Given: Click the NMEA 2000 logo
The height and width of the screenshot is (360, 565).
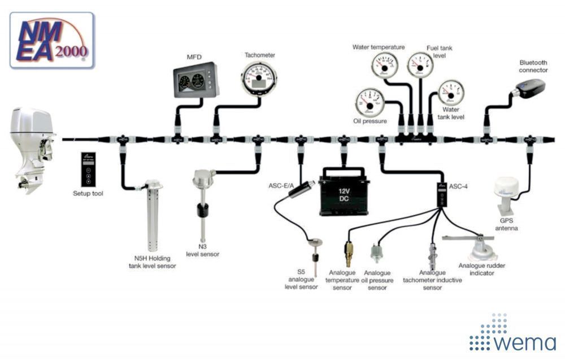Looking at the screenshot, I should pos(51,40).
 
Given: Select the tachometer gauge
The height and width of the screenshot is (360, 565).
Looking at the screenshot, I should pos(259,79).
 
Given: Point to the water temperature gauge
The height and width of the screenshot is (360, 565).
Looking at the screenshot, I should pos(384,65).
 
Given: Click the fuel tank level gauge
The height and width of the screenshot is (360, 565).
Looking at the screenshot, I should pos(420,64).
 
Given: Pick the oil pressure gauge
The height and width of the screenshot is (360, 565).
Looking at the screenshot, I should pos(369,102).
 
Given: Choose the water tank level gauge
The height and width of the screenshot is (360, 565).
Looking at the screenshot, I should pos(451,92).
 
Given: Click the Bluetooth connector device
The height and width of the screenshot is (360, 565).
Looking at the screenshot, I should pos(529,89).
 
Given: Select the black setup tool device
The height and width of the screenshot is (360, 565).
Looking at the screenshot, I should pos(88,169).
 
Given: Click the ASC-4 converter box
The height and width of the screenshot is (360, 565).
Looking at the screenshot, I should pos(441,195).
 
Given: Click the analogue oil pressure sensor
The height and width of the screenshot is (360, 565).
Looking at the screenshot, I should pos(375,252).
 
